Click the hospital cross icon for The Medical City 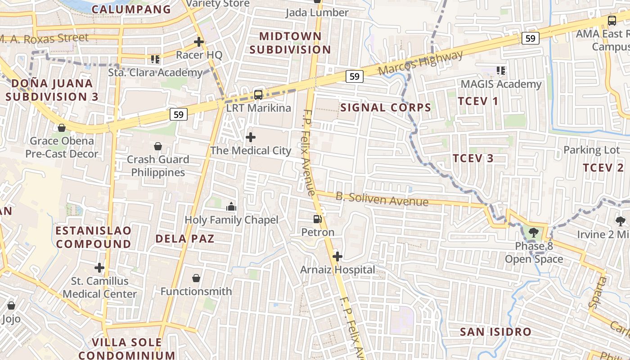click(x=251, y=137)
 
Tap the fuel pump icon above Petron click(x=318, y=219)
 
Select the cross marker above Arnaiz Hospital click(x=337, y=256)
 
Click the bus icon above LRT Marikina click(x=258, y=94)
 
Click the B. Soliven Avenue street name click(x=382, y=199)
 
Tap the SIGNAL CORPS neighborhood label click(x=386, y=108)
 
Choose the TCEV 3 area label click(x=473, y=158)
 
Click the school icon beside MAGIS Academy click(x=501, y=70)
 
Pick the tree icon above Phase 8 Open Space click(x=533, y=233)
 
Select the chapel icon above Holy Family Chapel click(x=231, y=207)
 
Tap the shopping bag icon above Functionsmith click(x=196, y=278)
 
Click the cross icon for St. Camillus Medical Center click(x=99, y=268)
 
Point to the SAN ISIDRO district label click(x=495, y=332)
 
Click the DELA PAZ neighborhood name click(x=184, y=238)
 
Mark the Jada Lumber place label click(x=317, y=13)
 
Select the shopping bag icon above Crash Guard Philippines click(x=158, y=146)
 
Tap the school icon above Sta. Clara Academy click(x=155, y=59)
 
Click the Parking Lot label click(x=592, y=150)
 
